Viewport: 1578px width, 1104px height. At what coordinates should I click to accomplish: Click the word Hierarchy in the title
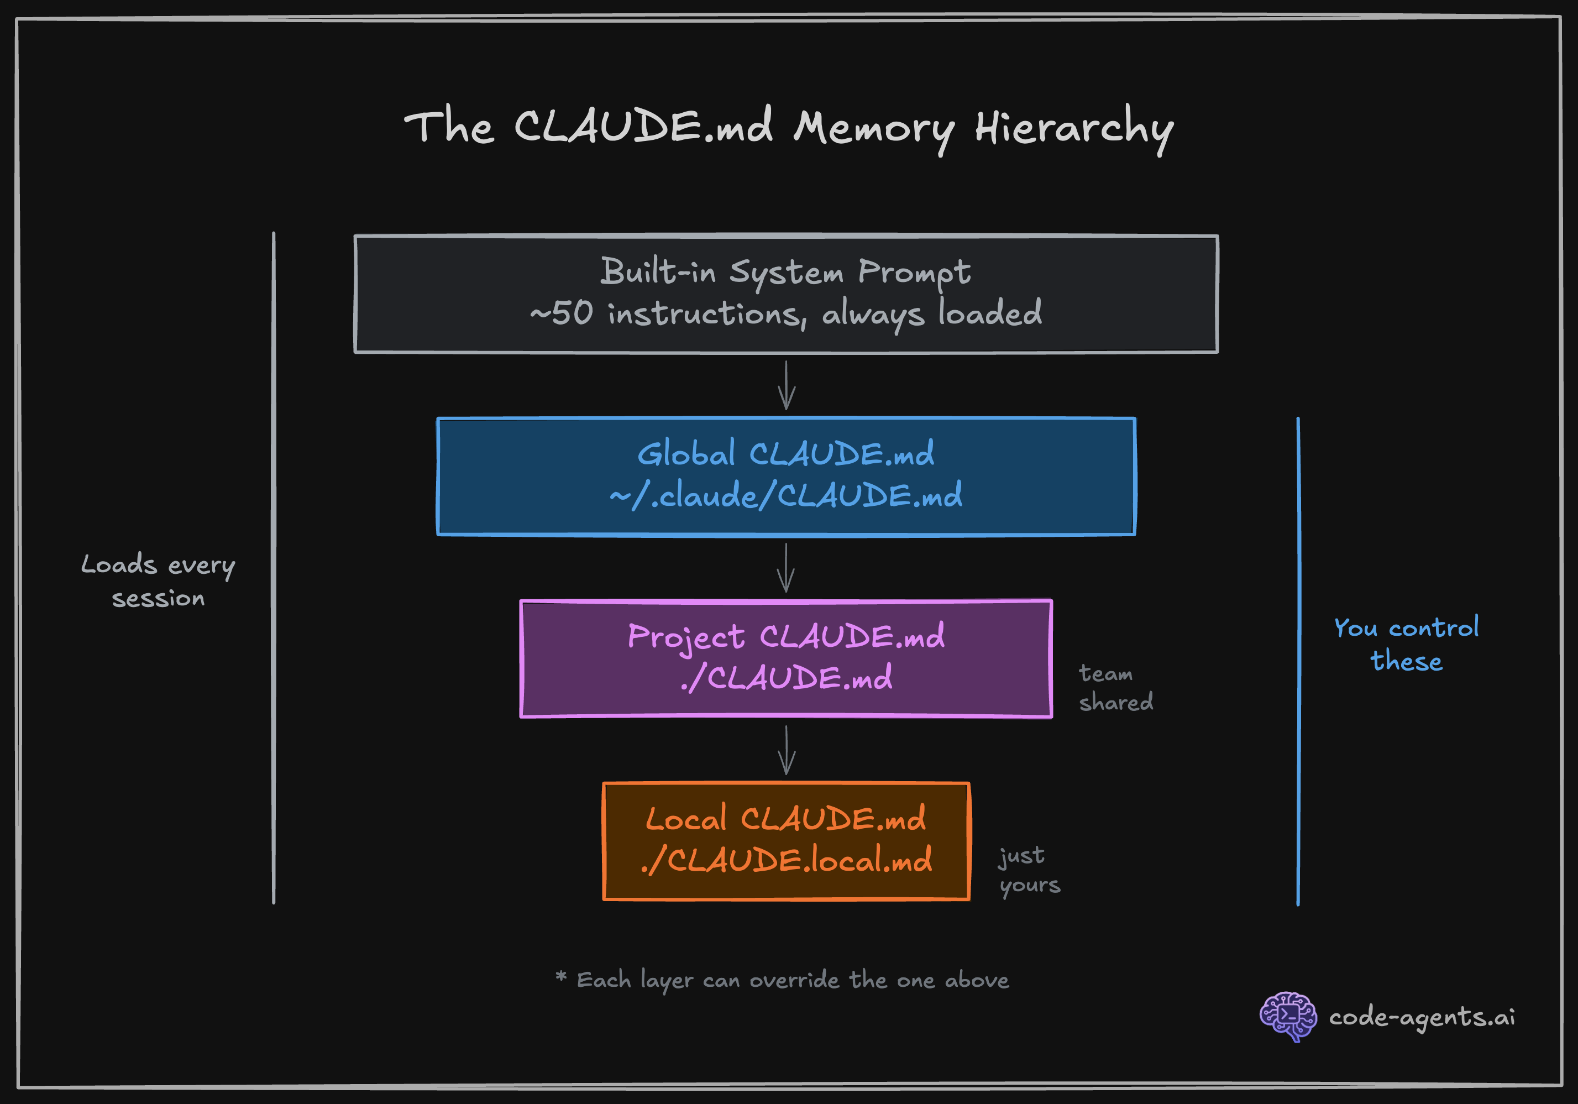(x=1073, y=129)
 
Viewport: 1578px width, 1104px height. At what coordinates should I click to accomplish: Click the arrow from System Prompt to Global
(x=787, y=386)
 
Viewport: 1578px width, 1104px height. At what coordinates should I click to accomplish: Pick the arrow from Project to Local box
(x=787, y=750)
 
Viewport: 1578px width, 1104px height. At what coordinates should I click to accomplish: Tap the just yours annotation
(x=1029, y=870)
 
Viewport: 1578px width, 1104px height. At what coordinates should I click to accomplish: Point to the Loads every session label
(x=158, y=581)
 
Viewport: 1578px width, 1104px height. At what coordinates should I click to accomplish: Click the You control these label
(x=1406, y=644)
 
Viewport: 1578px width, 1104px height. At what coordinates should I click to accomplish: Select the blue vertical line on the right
(x=1298, y=660)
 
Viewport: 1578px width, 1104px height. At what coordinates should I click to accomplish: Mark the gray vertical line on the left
(x=274, y=567)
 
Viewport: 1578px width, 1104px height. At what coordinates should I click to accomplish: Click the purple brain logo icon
(x=1287, y=1016)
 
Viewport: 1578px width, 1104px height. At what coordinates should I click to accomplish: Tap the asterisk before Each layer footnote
(x=561, y=977)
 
